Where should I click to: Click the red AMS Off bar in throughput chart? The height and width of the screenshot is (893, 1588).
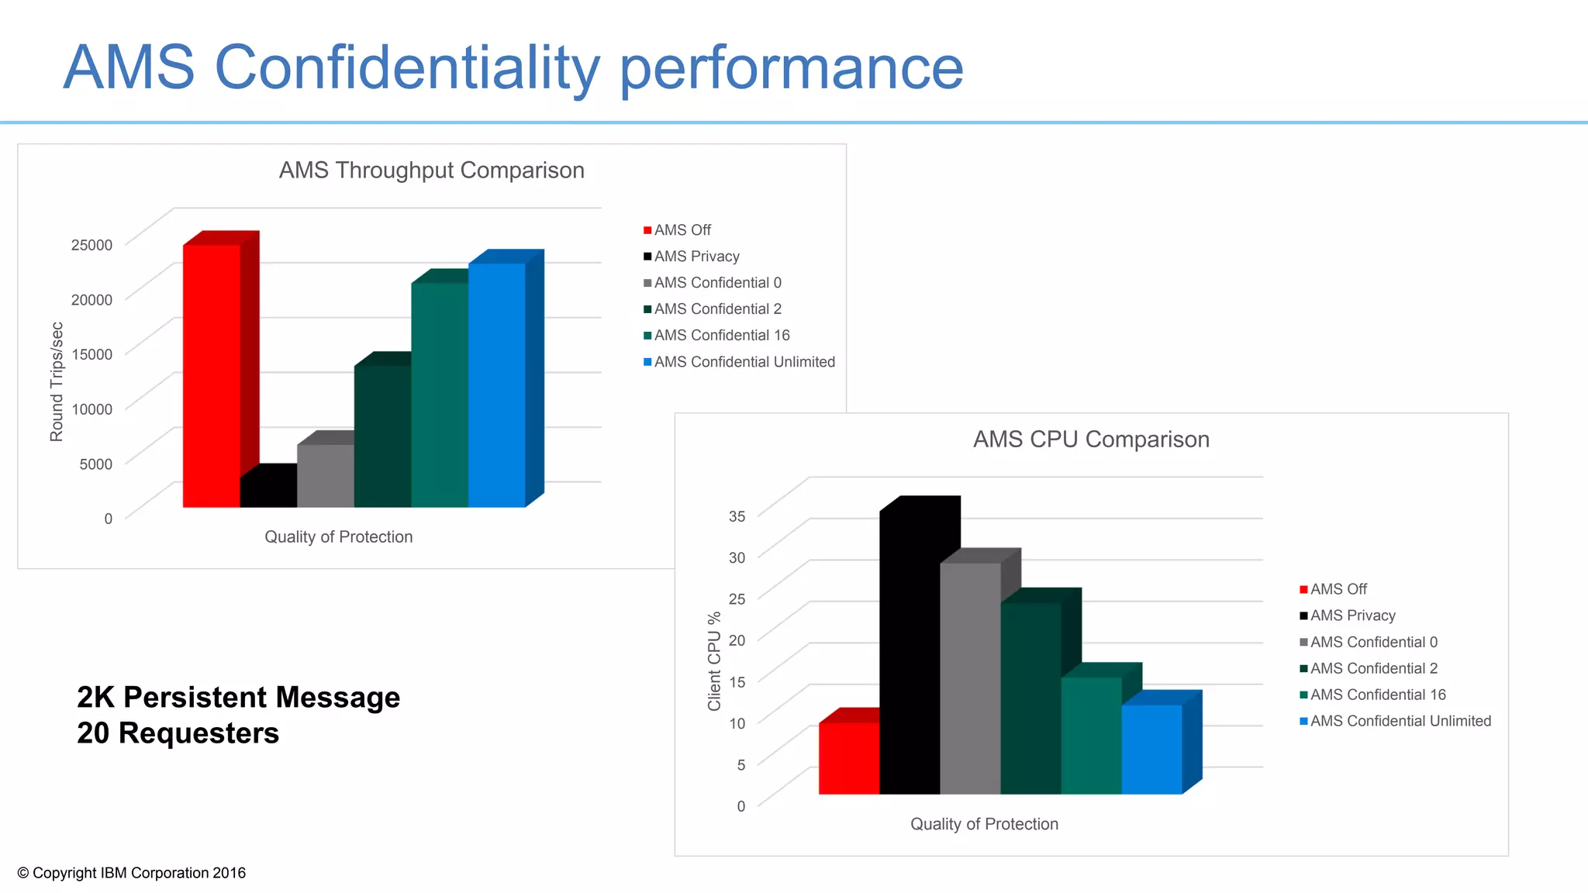(211, 376)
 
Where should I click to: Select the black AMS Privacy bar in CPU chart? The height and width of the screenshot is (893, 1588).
(910, 651)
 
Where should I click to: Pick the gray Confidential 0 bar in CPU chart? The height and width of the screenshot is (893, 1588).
(970, 678)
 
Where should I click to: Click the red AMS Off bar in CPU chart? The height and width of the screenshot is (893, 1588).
(849, 758)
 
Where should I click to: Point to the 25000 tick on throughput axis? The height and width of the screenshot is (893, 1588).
(91, 245)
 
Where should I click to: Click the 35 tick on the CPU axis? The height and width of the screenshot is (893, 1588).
(737, 516)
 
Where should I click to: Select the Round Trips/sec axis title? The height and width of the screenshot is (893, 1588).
(57, 381)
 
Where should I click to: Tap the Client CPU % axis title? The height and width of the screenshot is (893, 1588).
(714, 661)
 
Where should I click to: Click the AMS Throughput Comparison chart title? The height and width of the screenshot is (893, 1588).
(431, 171)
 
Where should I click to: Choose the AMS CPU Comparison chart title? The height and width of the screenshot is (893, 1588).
(1091, 440)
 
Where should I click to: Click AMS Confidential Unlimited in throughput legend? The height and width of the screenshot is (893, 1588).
(744, 362)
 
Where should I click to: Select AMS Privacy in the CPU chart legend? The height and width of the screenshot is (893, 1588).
(1352, 615)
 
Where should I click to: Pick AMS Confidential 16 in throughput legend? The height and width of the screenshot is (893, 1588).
(721, 336)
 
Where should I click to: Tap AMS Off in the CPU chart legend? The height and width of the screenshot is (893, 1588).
(1338, 589)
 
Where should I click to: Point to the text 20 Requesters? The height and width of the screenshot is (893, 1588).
(178, 733)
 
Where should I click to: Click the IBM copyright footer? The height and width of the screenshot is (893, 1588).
(131, 873)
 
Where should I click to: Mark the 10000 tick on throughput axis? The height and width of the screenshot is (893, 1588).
(91, 409)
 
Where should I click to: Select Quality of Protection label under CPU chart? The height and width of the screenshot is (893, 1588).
(984, 824)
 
